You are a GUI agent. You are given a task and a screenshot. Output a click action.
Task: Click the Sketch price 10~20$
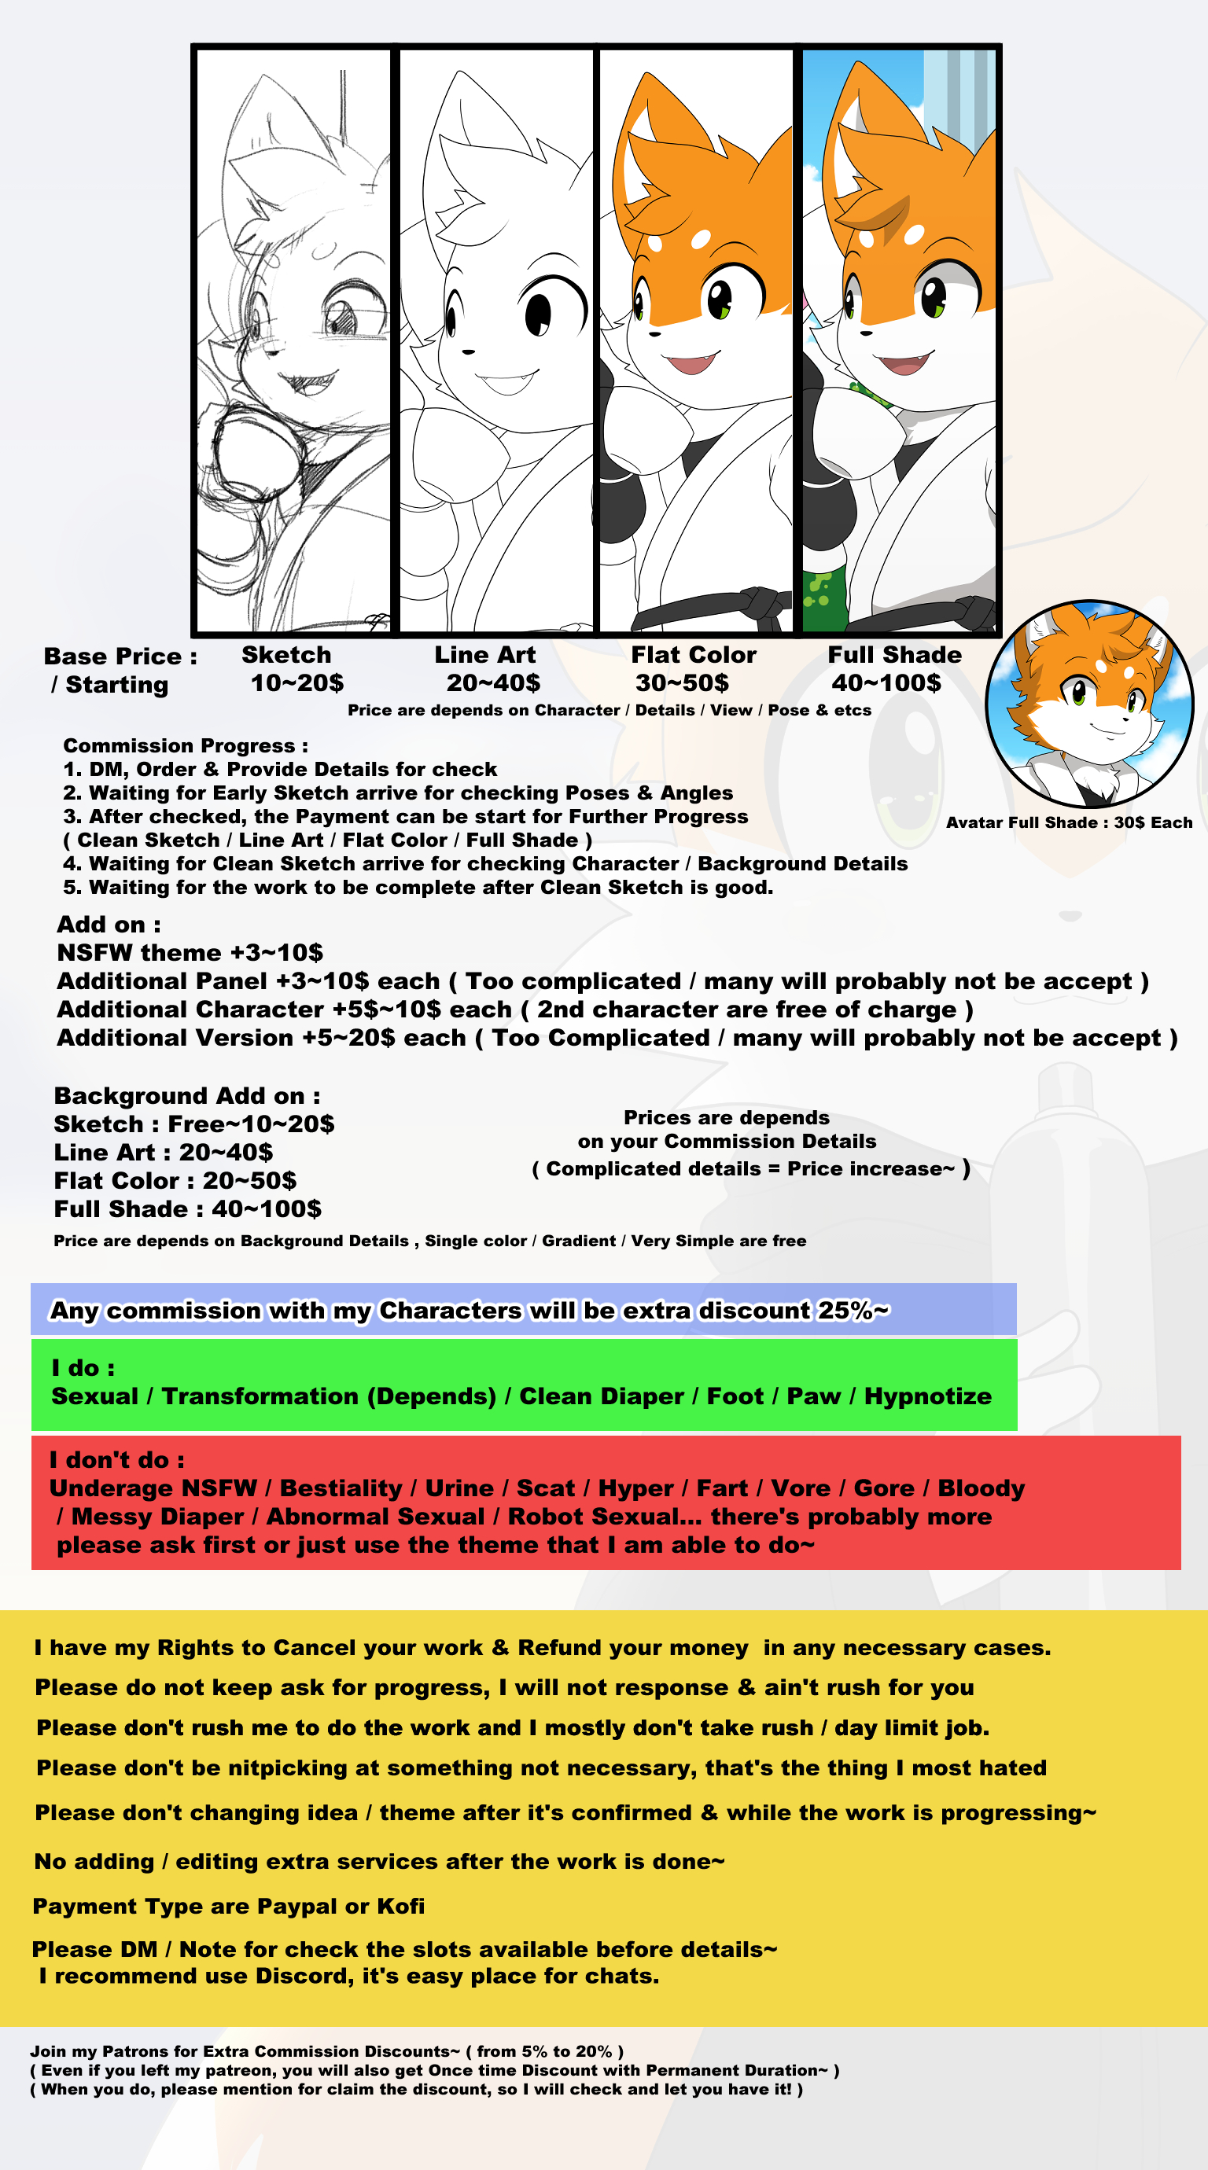(296, 683)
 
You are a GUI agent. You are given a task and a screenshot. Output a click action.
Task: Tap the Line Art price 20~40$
(493, 683)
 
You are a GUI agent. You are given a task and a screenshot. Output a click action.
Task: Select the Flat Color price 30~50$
(682, 683)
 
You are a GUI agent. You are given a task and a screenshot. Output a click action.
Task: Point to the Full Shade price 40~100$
(886, 683)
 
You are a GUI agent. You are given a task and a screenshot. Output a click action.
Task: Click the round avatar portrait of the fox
(1089, 704)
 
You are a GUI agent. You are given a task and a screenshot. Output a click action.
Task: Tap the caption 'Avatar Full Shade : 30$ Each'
(1068, 823)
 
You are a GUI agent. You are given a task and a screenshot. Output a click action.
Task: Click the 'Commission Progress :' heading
(186, 745)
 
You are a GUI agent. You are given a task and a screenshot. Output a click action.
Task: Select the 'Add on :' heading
(109, 925)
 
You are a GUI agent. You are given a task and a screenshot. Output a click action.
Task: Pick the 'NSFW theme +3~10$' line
(190, 953)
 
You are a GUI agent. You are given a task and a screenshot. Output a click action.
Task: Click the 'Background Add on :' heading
(187, 1096)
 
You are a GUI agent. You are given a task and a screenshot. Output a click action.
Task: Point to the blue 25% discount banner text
(470, 1311)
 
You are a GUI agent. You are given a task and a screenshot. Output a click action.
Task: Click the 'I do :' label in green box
(83, 1368)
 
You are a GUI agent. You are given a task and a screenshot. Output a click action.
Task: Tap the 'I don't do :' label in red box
(116, 1460)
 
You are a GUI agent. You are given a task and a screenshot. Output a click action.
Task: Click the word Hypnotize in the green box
(927, 1396)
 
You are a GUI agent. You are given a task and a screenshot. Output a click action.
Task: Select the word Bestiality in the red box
(341, 1488)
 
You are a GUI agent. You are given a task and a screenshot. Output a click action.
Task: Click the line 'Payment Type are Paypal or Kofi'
(228, 1907)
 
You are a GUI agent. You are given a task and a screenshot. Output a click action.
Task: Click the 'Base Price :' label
(120, 657)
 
